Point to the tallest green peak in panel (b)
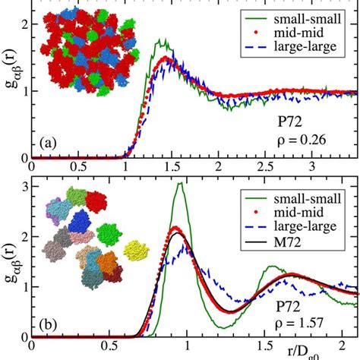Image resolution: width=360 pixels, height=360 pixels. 180,185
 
